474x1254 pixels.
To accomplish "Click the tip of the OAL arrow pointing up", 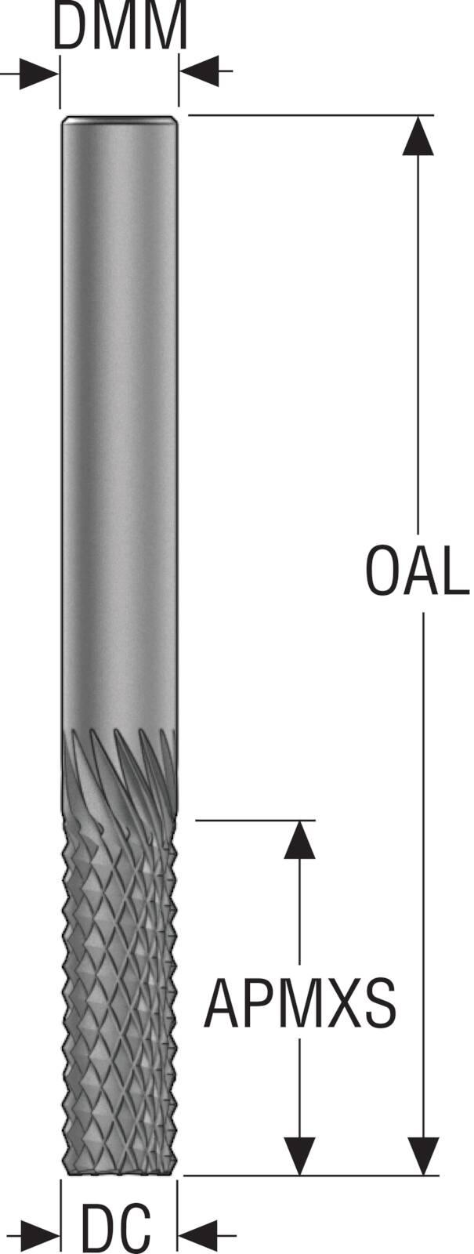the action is tap(418, 116).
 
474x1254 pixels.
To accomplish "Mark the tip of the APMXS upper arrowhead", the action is tap(299, 821).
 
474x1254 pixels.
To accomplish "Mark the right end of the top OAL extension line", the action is tap(434, 115).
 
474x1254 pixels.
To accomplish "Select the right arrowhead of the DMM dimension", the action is tap(199, 71).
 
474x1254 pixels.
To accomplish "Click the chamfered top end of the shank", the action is tap(120, 121).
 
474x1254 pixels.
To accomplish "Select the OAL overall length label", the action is tap(416, 571).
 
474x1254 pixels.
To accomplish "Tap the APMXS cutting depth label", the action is tap(300, 1003).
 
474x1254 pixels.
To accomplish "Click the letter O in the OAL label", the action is tap(384, 571).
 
